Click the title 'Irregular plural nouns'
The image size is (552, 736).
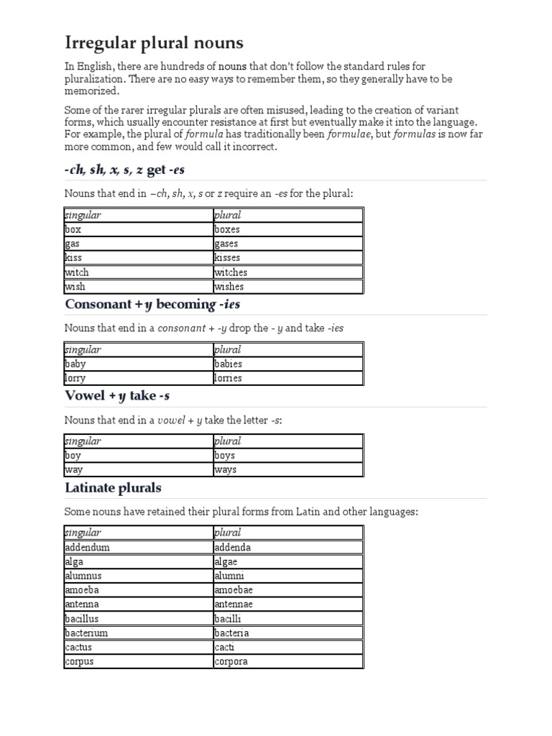(154, 42)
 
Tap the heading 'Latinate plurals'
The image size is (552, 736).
(113, 488)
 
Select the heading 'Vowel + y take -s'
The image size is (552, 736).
(117, 396)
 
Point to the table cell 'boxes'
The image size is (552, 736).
(227, 229)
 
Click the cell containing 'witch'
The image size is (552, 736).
(77, 272)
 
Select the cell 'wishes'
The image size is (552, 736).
(229, 287)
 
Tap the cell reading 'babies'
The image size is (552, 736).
(228, 364)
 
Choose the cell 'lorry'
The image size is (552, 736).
(75, 378)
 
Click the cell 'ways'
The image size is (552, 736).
(225, 470)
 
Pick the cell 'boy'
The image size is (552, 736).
(73, 456)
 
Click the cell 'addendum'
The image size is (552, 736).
(87, 547)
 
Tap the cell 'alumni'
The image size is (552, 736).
(229, 576)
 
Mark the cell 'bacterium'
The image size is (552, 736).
(87, 633)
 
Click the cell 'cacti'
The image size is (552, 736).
(224, 648)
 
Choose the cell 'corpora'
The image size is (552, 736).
(231, 662)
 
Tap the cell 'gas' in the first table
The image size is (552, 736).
(73, 244)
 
